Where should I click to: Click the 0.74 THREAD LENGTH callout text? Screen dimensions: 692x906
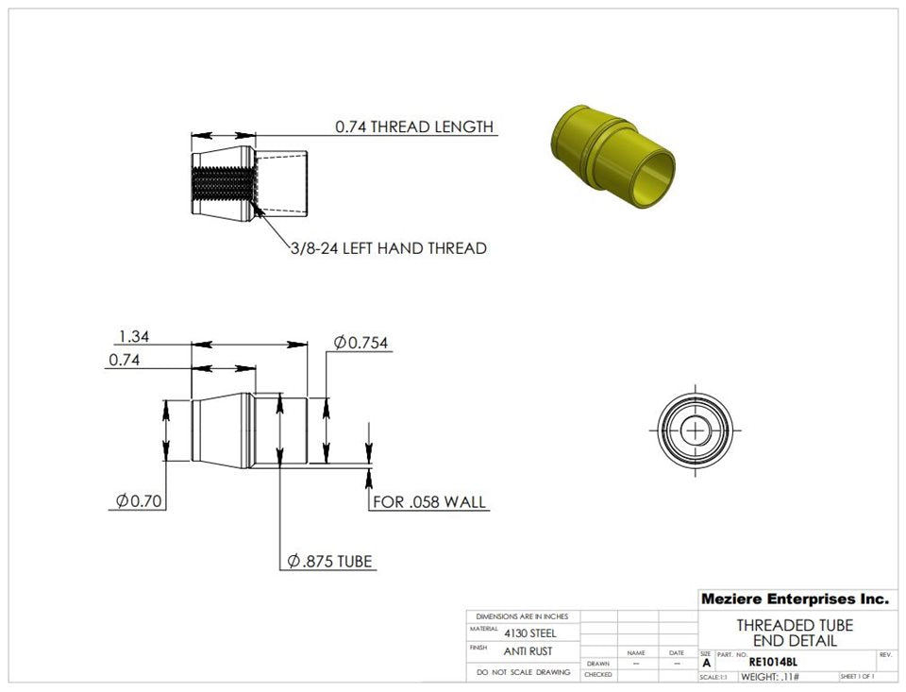click(414, 127)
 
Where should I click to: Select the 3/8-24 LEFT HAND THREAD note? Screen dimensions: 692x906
click(388, 248)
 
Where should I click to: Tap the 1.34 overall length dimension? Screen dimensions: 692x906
click(133, 336)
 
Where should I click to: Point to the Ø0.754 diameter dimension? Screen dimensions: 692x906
click(361, 343)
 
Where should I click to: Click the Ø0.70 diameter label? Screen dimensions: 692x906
click(136, 500)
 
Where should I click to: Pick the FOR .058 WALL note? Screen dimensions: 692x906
click(429, 501)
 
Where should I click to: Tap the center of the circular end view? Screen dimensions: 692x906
click(696, 430)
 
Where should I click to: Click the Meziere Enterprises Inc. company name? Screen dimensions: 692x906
click(795, 599)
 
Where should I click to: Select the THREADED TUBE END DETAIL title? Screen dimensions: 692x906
click(795, 633)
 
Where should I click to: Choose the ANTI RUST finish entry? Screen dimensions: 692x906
click(528, 651)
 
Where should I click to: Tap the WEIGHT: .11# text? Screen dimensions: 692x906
click(769, 677)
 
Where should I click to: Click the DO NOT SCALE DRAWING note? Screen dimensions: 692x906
click(523, 672)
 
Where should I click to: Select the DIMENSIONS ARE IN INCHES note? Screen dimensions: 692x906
click(523, 616)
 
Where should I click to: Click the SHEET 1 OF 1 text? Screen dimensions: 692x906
click(856, 677)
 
